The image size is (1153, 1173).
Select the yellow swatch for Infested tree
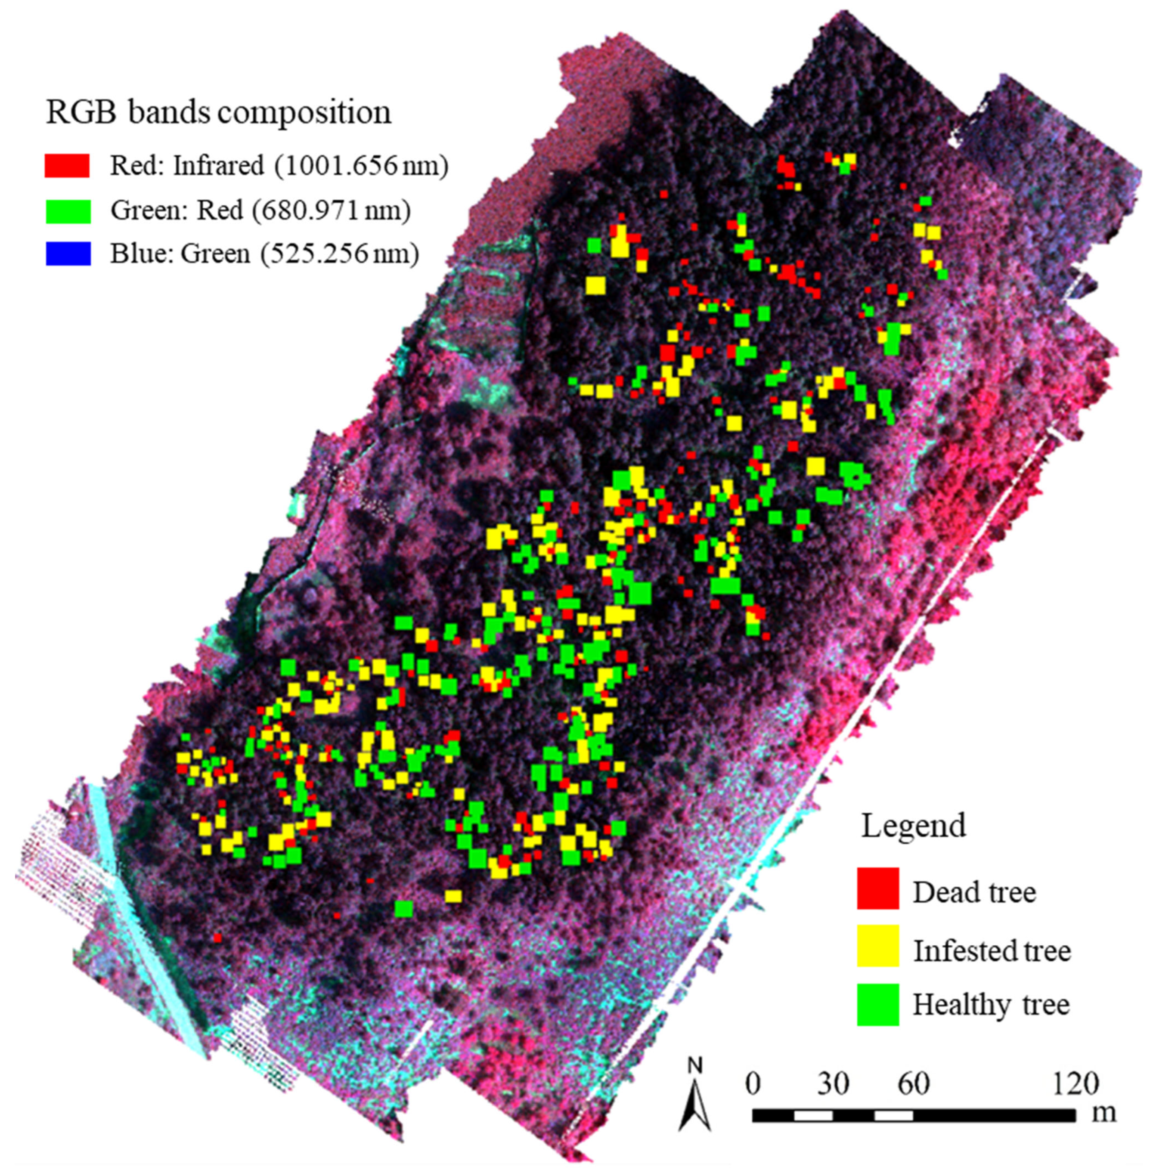click(877, 945)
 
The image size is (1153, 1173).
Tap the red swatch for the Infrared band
click(67, 165)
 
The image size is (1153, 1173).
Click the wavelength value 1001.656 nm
click(361, 165)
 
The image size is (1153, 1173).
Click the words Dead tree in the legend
click(974, 892)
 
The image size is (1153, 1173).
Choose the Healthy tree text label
click(991, 1005)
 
